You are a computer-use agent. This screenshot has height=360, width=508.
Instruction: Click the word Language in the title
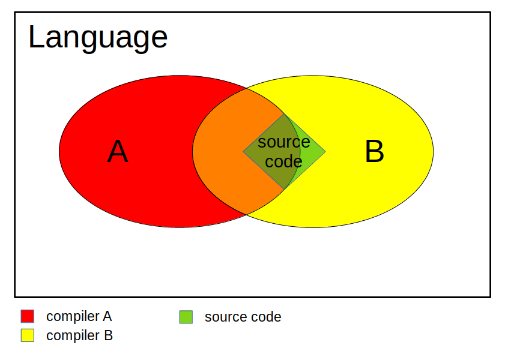click(98, 38)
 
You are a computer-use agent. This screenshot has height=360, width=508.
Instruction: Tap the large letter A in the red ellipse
click(118, 151)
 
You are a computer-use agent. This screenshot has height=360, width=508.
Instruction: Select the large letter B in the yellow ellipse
click(374, 151)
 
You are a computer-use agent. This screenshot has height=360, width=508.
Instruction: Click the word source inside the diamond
click(284, 142)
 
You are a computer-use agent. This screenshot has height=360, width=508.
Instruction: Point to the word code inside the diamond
click(283, 161)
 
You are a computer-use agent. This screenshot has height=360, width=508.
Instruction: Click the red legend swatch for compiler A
click(28, 316)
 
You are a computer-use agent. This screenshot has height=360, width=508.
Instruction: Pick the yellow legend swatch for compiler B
click(28, 335)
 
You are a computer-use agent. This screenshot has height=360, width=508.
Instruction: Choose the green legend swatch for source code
click(186, 317)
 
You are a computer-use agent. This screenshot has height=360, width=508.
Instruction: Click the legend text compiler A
click(79, 317)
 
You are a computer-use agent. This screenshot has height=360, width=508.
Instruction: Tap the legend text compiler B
click(79, 336)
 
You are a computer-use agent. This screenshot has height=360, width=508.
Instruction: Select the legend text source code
click(243, 317)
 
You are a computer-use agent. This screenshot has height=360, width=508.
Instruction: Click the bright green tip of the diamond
click(312, 151)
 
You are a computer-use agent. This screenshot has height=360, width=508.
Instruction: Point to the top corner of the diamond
click(284, 113)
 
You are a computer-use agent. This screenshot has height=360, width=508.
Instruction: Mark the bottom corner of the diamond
click(284, 190)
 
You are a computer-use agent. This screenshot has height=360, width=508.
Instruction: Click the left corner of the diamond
click(243, 152)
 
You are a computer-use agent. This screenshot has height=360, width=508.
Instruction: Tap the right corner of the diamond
click(325, 152)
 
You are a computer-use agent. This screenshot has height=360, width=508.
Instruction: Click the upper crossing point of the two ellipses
click(246, 88)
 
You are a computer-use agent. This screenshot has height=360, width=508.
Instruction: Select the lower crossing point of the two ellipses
click(246, 215)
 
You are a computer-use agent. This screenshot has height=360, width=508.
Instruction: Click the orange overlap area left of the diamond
click(217, 151)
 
